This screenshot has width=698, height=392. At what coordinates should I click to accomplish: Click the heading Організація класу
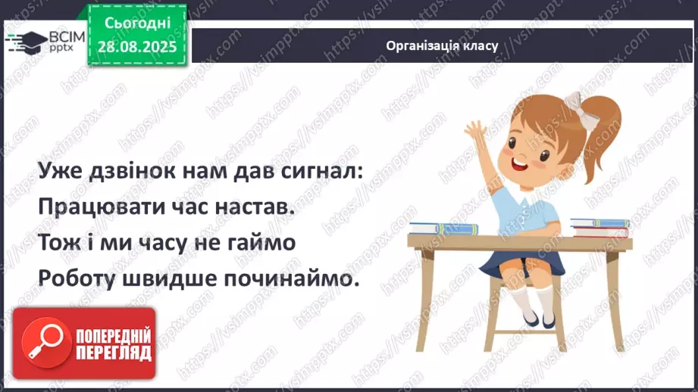point(442,45)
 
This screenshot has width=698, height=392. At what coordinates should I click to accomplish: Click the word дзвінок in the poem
point(136,173)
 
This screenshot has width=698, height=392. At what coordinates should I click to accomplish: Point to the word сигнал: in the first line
point(318,173)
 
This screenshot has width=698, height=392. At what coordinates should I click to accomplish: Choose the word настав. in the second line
point(253,208)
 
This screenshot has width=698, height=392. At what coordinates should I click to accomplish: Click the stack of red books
point(599,226)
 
